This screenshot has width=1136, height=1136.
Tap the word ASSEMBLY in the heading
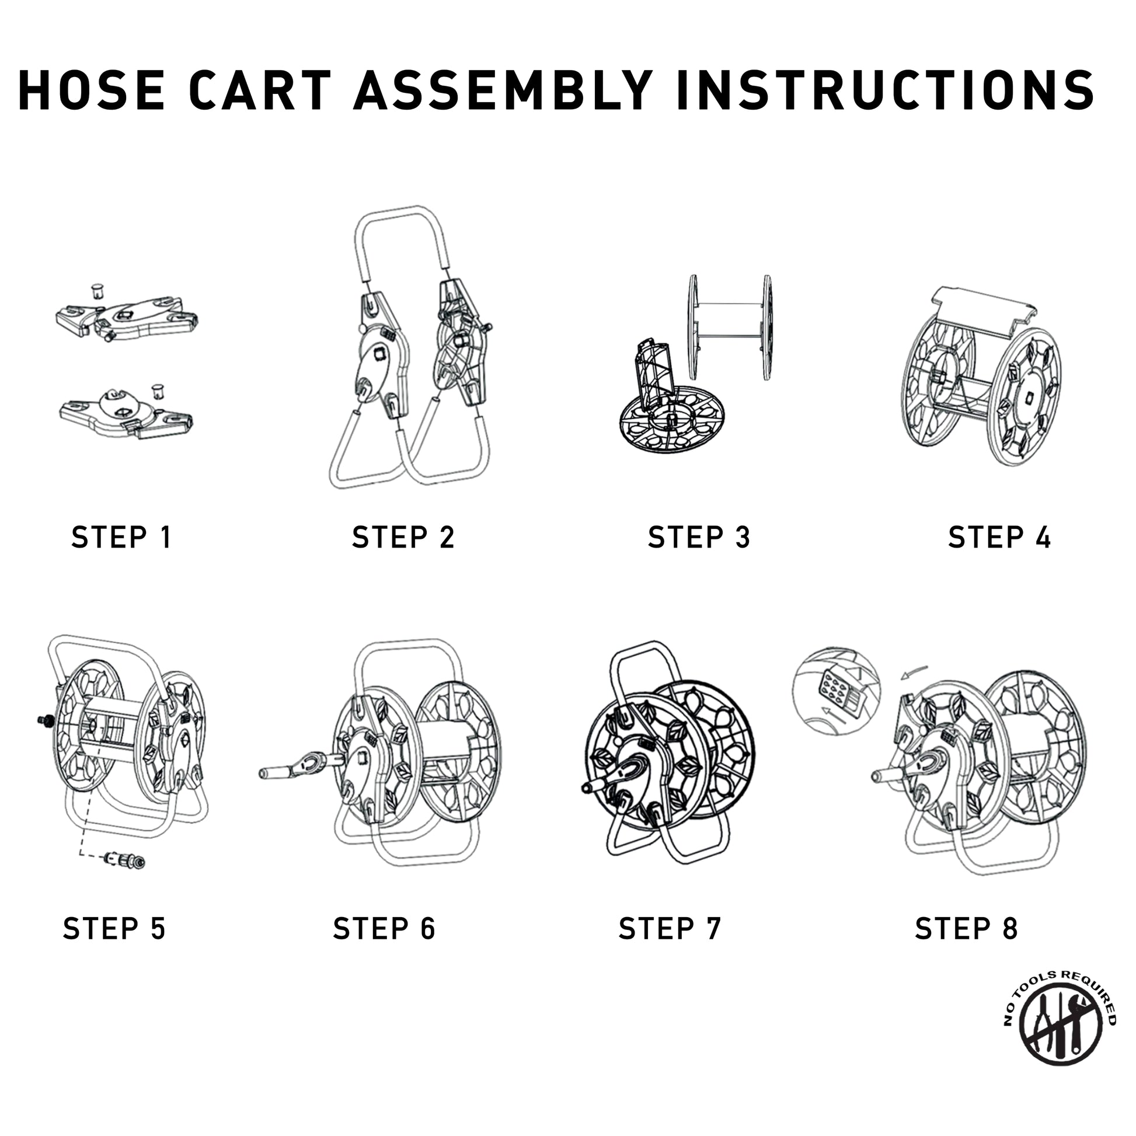(x=503, y=90)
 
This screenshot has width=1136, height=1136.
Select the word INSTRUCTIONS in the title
(x=886, y=90)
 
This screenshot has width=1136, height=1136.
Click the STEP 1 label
(x=121, y=537)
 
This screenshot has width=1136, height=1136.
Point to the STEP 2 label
(x=403, y=537)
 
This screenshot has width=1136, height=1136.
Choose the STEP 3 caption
(x=699, y=537)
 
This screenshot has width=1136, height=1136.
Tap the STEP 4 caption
(x=999, y=537)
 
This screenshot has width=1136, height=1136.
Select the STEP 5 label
(x=114, y=928)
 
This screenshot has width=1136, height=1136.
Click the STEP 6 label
(x=384, y=928)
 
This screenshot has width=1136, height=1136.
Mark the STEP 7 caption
(x=670, y=928)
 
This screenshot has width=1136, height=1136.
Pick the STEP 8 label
(x=966, y=928)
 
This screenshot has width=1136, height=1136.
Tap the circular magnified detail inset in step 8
(x=837, y=693)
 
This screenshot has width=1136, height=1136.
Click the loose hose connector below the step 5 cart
(x=124, y=860)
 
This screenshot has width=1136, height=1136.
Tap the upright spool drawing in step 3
(x=730, y=327)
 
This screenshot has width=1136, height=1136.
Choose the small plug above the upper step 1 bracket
(x=97, y=291)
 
